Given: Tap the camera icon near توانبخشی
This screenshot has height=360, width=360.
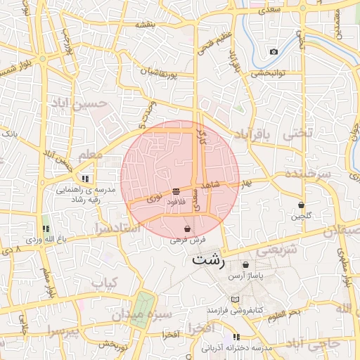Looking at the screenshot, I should click(x=274, y=52).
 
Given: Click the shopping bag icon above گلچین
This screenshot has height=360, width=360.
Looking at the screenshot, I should click(x=302, y=205).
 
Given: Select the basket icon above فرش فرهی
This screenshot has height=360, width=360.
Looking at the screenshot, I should click(x=187, y=229).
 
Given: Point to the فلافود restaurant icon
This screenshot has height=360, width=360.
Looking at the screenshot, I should click(x=175, y=192).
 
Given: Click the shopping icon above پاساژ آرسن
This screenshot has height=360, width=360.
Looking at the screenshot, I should click(x=245, y=265).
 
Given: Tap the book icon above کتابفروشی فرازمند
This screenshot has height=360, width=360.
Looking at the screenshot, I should click(x=236, y=300).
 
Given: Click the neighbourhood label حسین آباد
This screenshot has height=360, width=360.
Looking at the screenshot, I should click(x=79, y=103).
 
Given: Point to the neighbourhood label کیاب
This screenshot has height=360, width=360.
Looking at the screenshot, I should click(x=103, y=283).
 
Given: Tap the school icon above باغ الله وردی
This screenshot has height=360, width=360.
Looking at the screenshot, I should click(x=46, y=229).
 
